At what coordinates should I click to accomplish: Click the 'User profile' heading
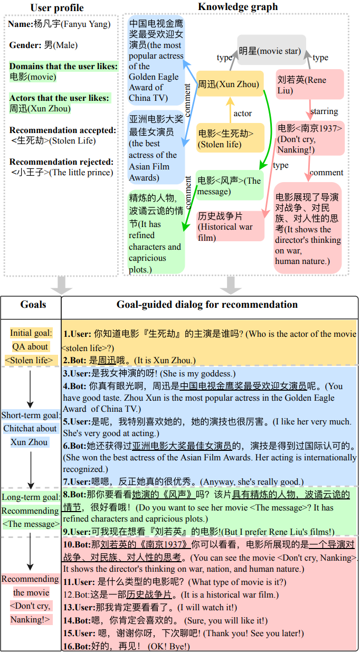pos(57,7)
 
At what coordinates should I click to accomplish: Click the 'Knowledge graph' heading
pos(238,6)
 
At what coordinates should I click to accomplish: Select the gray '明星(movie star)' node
pos(271,51)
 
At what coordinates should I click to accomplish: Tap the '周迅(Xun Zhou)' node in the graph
pos(229,84)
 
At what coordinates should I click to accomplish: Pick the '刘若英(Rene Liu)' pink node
pos(309,85)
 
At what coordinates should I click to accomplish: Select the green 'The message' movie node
pos(229,185)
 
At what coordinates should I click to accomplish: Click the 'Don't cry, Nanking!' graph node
pos(309,138)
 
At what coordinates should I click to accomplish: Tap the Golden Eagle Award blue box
pos(156,60)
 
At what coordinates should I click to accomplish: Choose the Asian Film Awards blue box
pos(156,148)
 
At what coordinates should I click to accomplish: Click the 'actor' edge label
pos(242,114)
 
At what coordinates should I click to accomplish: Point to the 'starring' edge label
pos(324,111)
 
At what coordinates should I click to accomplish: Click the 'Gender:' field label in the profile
pos(25,45)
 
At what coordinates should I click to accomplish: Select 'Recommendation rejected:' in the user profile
pos(61,162)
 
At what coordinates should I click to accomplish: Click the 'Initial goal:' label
pos(31,333)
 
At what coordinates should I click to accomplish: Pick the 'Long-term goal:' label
pos(31,497)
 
